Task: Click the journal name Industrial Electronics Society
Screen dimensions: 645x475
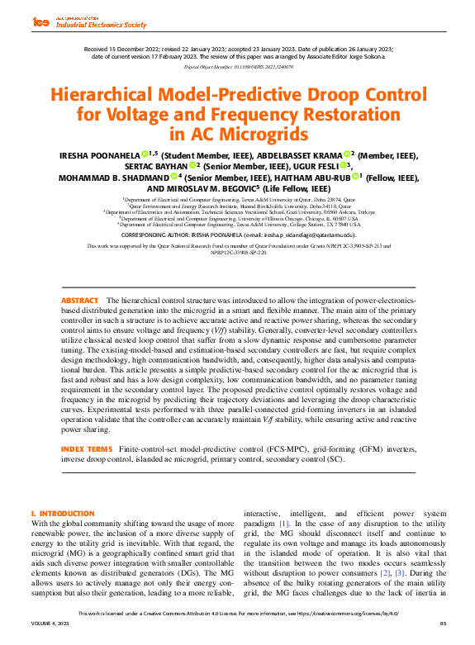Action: click(101, 25)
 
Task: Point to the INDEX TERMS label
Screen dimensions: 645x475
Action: click(87, 448)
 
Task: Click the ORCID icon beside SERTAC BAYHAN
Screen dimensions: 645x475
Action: click(192, 165)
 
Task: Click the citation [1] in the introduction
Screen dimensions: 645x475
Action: click(283, 524)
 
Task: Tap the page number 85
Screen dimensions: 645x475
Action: click(442, 633)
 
